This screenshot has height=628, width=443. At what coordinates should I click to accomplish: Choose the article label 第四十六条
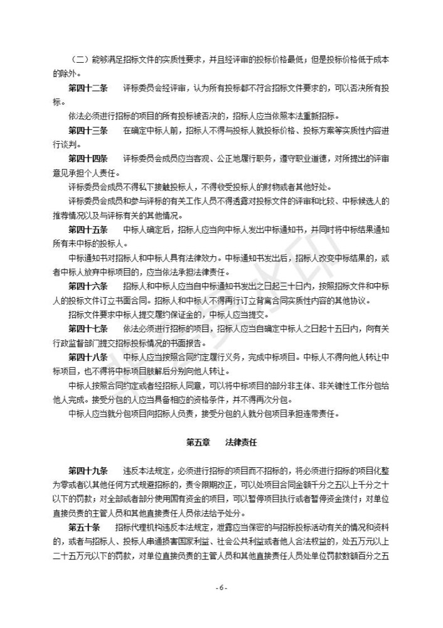pyautogui.click(x=88, y=286)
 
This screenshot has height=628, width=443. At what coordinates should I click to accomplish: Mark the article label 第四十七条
pyautogui.click(x=88, y=328)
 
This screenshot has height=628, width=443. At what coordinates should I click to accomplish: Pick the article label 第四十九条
pyautogui.click(x=88, y=470)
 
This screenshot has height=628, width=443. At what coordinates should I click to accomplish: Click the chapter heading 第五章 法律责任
pyautogui.click(x=221, y=442)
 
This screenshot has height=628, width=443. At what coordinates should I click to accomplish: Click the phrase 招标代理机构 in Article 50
pyautogui.click(x=141, y=526)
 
